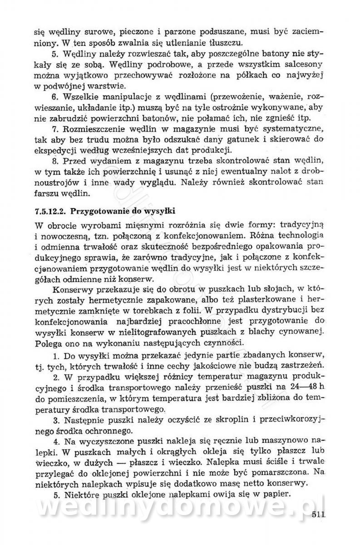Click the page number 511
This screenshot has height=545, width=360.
320,515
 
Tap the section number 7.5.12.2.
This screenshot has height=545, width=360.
50,211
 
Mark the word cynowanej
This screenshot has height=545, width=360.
302,333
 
